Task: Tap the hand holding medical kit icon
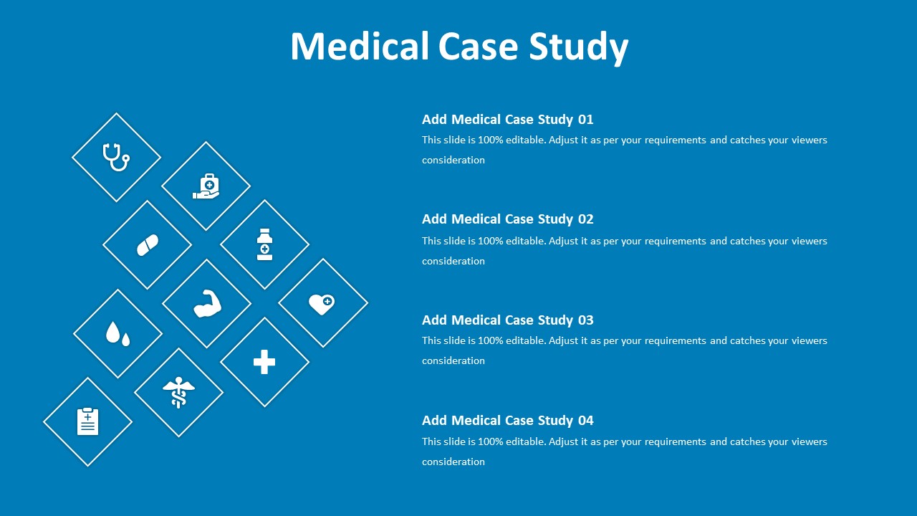tap(206, 186)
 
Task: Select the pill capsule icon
tap(148, 245)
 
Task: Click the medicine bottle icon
tap(264, 244)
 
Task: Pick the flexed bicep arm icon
tap(207, 304)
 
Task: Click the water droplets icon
tap(117, 333)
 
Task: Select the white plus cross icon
tap(264, 362)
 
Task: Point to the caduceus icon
tap(178, 392)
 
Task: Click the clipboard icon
tap(87, 421)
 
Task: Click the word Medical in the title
tap(360, 46)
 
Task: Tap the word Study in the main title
tap(578, 47)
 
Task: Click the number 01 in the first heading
tap(585, 119)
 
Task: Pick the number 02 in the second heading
tap(585, 219)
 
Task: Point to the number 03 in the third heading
tap(585, 320)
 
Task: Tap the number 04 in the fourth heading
tap(585, 420)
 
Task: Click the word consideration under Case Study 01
tap(453, 160)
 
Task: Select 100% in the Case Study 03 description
tap(490, 340)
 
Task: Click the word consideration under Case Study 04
tap(453, 462)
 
